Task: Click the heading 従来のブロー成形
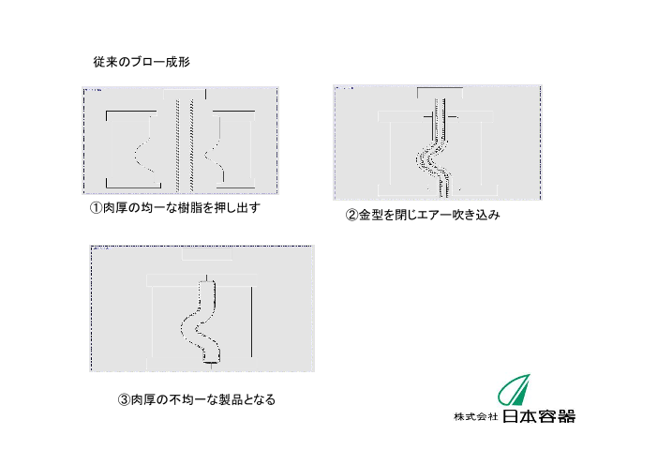[142, 62]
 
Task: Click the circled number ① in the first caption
[96, 208]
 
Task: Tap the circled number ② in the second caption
[351, 215]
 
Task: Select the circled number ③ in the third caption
[124, 399]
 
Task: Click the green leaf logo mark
[515, 389]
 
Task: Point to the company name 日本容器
[539, 416]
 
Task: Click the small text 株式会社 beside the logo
[476, 417]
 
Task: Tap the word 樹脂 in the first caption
[190, 208]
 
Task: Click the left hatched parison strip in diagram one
[178, 146]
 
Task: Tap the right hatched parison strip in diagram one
[192, 146]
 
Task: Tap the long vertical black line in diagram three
[251, 322]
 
